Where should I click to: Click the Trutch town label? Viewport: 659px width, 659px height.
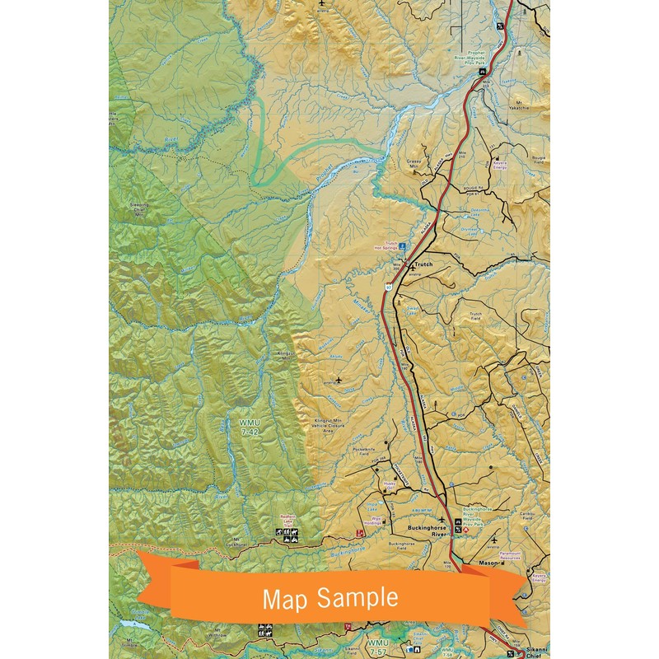click(423, 264)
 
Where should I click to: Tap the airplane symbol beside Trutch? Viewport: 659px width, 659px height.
click(411, 266)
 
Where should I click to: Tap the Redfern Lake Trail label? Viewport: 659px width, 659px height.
click(286, 525)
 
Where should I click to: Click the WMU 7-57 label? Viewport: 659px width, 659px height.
click(377, 645)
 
